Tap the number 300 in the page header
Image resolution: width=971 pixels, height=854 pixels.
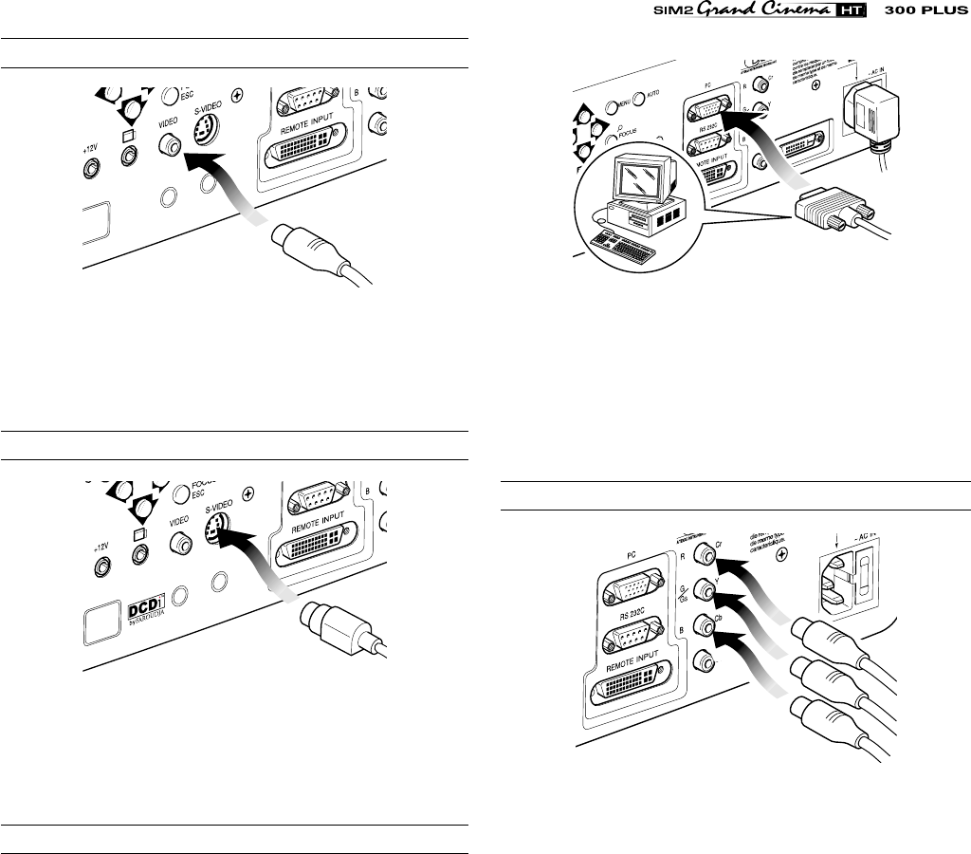pos(900,14)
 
